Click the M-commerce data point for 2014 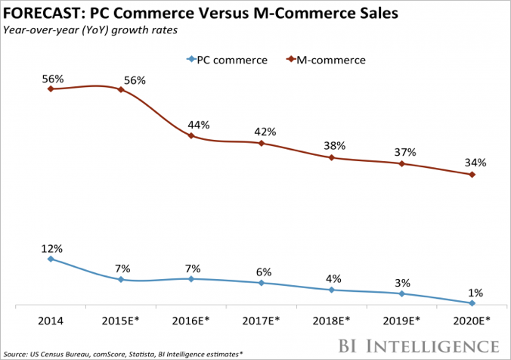[x=51, y=88]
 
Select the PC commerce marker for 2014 [x=51, y=259]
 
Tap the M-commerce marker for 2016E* [x=191, y=136]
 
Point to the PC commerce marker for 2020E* [x=472, y=303]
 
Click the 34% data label [x=475, y=162]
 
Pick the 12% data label [x=51, y=247]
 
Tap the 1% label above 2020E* [x=475, y=292]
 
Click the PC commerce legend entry [x=226, y=59]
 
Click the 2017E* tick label [x=262, y=320]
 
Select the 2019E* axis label [x=402, y=320]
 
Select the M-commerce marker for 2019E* [x=402, y=163]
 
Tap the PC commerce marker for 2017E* [x=262, y=283]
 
